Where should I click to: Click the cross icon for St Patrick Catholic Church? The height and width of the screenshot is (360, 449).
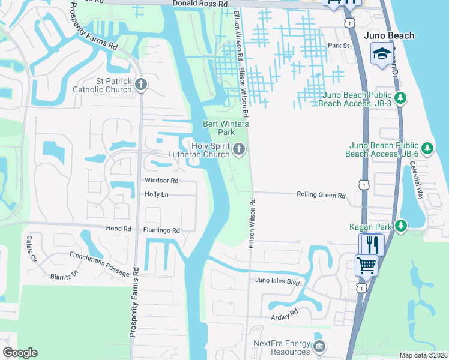coord(141,84)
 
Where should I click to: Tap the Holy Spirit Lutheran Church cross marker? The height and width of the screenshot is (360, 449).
coord(240,149)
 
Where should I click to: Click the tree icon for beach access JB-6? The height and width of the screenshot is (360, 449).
coord(427,148)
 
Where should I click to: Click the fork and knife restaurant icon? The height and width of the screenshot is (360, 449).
coord(371,244)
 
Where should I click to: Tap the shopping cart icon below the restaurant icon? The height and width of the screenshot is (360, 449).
coord(366,265)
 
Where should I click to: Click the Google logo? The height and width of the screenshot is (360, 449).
coord(20,353)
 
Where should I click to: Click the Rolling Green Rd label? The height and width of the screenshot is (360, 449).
coord(321,195)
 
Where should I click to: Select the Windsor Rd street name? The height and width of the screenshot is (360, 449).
coord(161,180)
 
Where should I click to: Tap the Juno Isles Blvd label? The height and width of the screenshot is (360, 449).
coord(277,280)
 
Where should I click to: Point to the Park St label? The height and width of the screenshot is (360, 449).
coord(339,46)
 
